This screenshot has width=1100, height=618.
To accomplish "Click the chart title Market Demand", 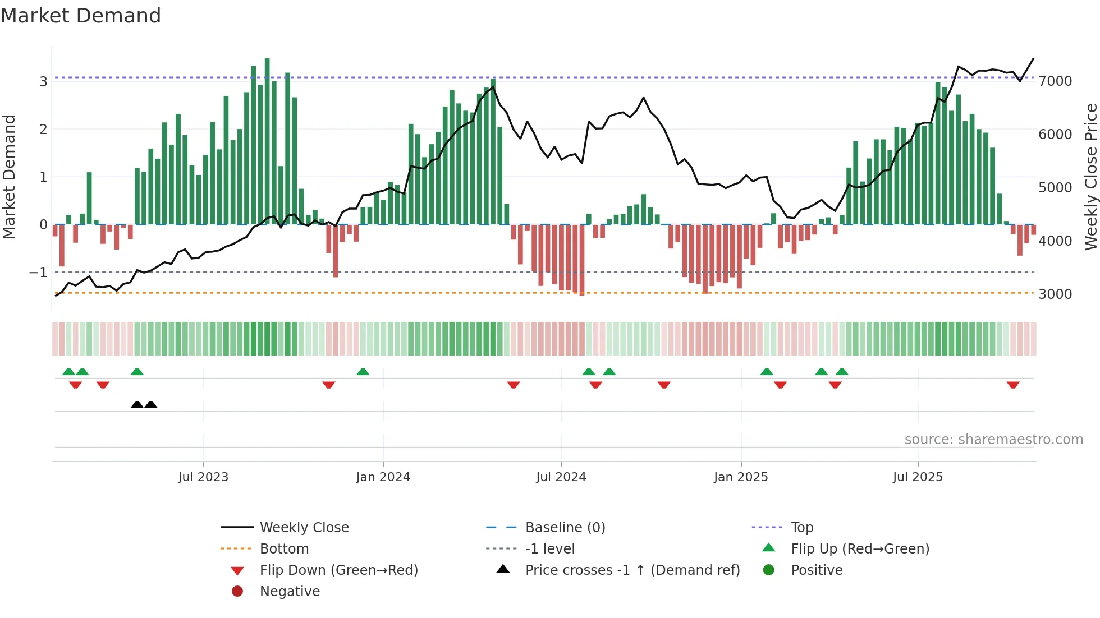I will [81, 16].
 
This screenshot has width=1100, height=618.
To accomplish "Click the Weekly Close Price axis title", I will [1090, 177].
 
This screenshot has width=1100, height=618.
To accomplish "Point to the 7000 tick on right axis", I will [1055, 81].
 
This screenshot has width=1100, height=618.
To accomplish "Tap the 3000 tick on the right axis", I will [1055, 294].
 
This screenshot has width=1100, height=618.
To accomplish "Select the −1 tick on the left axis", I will [38, 273].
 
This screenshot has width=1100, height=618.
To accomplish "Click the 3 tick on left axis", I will [43, 82].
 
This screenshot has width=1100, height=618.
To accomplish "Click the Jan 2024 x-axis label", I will [383, 477].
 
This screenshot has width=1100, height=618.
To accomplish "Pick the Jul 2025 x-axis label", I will [918, 477].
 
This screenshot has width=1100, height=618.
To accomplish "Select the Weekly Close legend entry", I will [304, 528].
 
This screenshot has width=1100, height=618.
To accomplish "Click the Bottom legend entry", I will [284, 549].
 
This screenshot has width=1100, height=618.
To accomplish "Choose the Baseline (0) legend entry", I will [565, 528].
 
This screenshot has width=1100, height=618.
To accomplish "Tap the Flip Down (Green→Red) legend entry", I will [338, 570].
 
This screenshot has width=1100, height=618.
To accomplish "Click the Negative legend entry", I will [290, 592].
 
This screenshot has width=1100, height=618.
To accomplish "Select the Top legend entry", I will [801, 528].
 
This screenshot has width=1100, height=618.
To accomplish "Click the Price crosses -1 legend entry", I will [632, 570].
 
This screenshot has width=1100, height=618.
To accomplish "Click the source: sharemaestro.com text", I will [993, 440].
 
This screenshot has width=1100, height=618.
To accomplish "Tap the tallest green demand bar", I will [267, 140].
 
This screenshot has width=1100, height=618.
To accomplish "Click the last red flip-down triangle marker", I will [1013, 385].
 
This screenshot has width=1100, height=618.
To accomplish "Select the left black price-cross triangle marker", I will [137, 404].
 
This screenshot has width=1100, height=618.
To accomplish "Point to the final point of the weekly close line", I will [1033, 59].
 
